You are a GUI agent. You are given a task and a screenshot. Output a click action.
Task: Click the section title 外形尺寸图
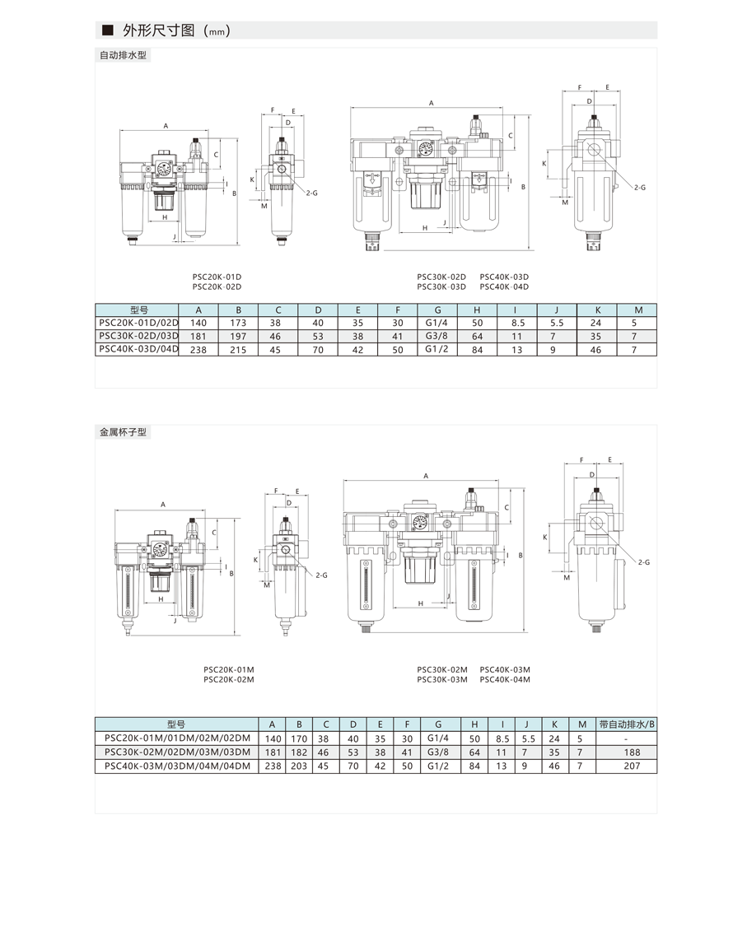point(159,30)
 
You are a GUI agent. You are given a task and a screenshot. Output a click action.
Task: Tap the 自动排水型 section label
point(123,56)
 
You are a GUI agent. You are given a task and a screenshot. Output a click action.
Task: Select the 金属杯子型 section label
point(123,432)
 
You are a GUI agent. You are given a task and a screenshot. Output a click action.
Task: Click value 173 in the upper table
point(238,323)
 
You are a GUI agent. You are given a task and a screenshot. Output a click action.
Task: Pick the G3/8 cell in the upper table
point(437,336)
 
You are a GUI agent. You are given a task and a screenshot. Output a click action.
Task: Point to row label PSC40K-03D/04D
point(138,349)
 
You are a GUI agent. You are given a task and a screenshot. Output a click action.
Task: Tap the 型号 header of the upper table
point(139,310)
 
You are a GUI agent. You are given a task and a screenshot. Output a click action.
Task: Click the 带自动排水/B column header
point(627,724)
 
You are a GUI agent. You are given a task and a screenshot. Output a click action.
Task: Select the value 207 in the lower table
point(632,766)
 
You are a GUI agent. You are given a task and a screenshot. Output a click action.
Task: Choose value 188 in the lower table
point(632,752)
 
